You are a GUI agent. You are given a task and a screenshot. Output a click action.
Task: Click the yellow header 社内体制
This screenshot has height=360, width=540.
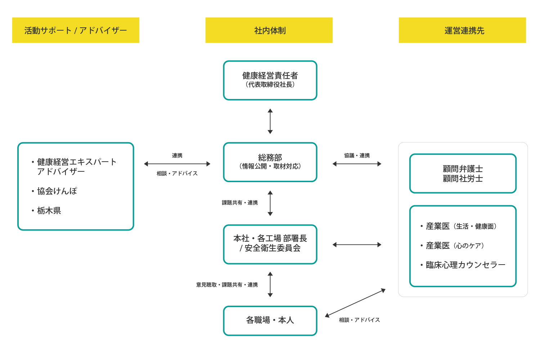point(269,30)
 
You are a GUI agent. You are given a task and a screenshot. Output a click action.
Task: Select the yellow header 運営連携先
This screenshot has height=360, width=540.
point(462,30)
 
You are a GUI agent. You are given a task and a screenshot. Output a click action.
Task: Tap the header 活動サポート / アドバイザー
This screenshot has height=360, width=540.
point(76,30)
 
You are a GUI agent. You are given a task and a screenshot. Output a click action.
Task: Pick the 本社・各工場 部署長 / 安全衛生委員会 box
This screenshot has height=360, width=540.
point(270,244)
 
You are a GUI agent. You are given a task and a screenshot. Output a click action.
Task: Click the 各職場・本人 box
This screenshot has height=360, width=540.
point(270,320)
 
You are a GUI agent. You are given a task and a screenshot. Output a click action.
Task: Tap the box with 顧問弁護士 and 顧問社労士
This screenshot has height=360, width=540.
point(463,174)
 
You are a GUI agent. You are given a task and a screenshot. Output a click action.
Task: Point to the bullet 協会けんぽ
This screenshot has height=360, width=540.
point(57,191)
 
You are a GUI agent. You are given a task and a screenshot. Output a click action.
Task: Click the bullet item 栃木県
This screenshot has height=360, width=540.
point(49,211)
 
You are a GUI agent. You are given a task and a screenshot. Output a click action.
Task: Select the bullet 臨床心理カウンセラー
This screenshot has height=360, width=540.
point(465,265)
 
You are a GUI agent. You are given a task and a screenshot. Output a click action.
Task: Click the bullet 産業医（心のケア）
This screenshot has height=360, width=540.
point(455,246)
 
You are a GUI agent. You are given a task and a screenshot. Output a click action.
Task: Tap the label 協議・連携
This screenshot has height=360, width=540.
point(357,156)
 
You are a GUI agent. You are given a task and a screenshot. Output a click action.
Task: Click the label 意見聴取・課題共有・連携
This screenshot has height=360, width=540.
point(227,285)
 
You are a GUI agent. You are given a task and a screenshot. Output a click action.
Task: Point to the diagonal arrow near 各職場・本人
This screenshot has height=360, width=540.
point(355,303)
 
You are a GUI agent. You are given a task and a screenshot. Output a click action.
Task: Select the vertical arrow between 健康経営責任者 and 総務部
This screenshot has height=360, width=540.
point(270,121)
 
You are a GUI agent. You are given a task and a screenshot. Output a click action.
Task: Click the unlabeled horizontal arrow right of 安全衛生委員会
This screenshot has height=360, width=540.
point(357,245)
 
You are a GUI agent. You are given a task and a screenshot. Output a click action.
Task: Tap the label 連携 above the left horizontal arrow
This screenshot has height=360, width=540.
point(177,156)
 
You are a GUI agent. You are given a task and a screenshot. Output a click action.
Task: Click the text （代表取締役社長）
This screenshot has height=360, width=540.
point(270,85)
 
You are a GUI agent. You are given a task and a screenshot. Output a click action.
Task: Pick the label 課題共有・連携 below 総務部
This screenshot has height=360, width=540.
point(240,203)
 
